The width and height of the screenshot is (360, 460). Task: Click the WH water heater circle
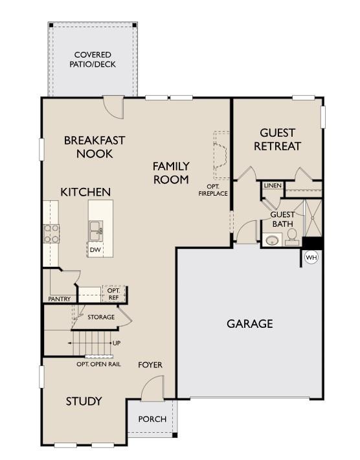(311, 258)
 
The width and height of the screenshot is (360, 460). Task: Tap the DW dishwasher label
(95, 249)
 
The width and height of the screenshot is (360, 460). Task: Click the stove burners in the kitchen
(51, 233)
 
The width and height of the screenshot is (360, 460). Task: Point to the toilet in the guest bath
(292, 235)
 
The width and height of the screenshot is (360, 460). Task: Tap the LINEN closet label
(273, 185)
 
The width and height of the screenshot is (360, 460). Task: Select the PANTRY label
(59, 299)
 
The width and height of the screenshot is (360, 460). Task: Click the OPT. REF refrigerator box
(113, 294)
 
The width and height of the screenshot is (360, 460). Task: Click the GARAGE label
(249, 323)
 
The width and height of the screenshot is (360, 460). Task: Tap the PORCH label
(152, 419)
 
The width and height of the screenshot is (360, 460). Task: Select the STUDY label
(84, 401)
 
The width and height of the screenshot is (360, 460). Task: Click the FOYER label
(150, 365)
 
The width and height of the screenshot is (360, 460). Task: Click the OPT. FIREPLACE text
(213, 189)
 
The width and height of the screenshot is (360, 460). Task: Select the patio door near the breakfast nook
(114, 108)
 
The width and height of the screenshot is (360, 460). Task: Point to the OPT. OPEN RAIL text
(98, 364)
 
